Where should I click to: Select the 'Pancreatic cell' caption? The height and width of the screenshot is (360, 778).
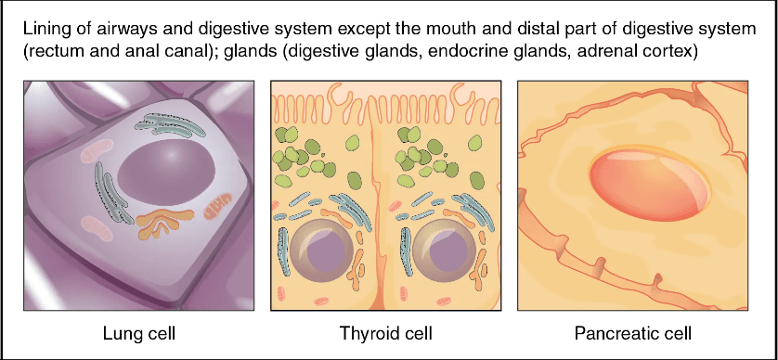point(634,331)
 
